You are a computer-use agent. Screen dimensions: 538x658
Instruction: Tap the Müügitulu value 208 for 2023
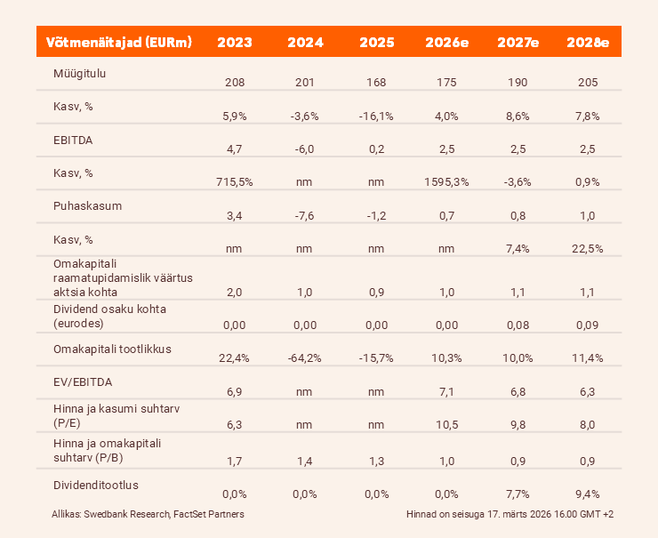(x=235, y=83)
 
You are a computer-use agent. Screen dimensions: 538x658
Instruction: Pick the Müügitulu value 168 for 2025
(x=375, y=83)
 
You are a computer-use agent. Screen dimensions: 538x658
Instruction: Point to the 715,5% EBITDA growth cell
(x=235, y=182)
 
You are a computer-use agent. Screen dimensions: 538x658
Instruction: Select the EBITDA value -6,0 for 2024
(x=305, y=149)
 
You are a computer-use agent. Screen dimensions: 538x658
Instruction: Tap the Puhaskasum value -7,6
(x=305, y=215)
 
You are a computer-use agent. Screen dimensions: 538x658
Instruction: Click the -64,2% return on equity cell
(x=305, y=357)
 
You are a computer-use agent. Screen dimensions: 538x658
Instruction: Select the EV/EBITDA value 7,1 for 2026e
(x=445, y=391)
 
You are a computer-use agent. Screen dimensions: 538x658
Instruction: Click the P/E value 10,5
(x=445, y=425)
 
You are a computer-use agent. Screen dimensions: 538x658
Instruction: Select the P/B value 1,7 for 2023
(x=235, y=460)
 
